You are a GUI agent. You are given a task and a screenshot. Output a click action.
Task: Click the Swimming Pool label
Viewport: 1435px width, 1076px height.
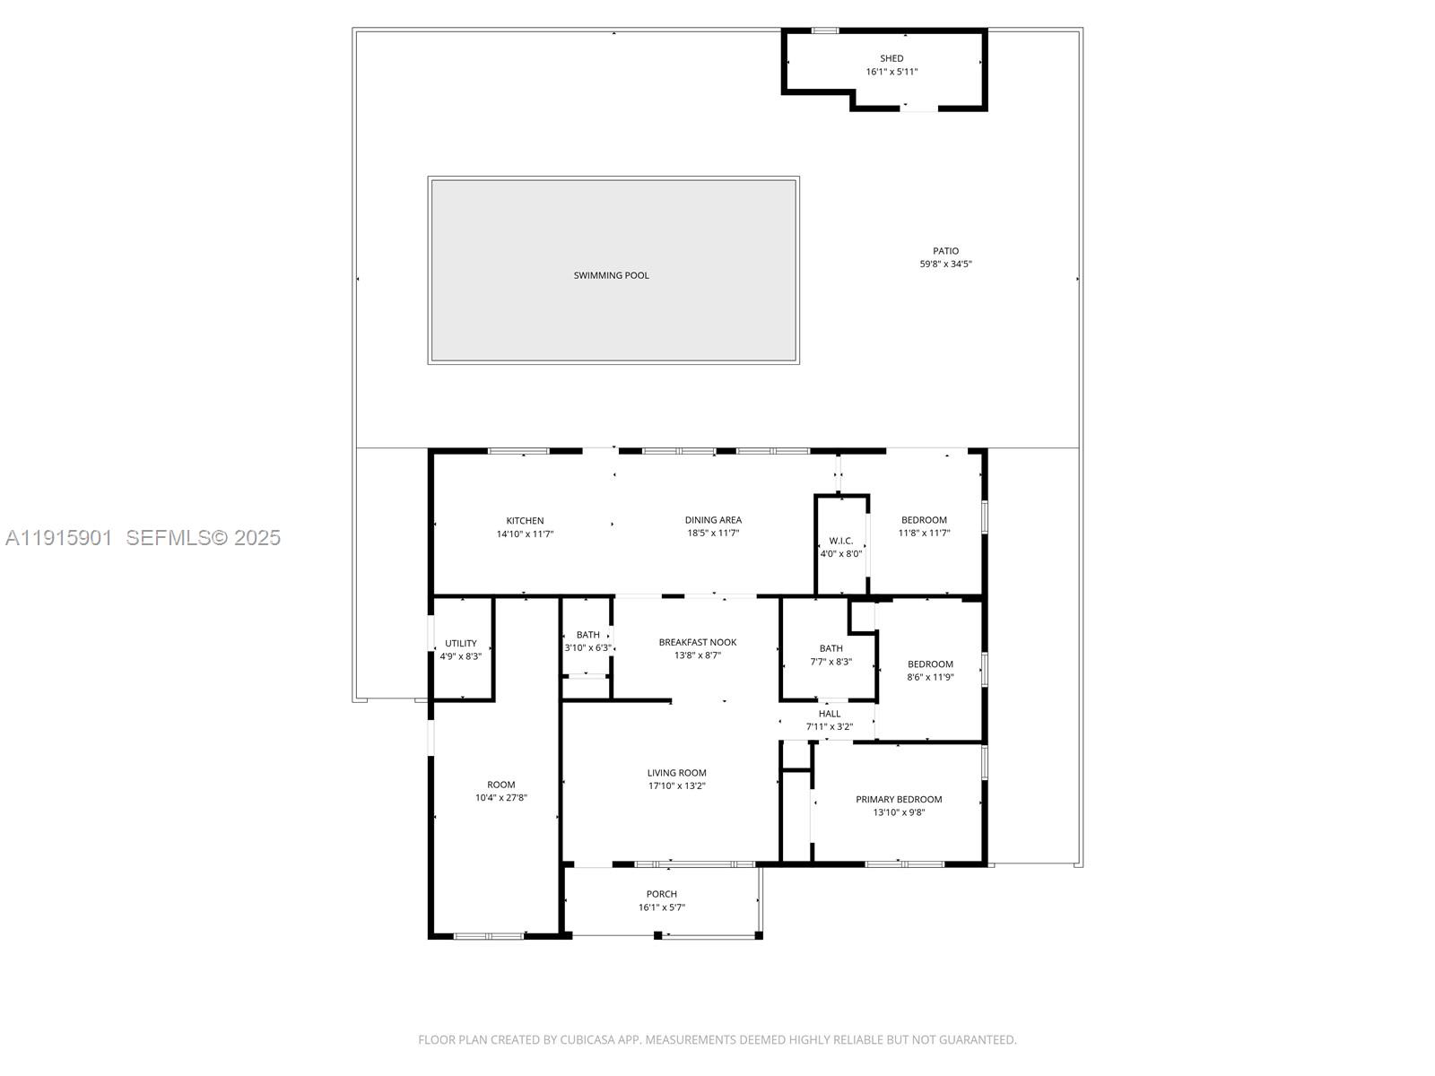pyautogui.click(x=611, y=275)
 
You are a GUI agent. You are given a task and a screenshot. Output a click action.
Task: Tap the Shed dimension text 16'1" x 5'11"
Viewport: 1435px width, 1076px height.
pyautogui.click(x=891, y=72)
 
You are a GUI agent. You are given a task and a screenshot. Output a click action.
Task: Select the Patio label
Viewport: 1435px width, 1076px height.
pyautogui.click(x=945, y=251)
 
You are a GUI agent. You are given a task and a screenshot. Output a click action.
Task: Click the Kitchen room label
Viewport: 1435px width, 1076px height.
pyautogui.click(x=525, y=520)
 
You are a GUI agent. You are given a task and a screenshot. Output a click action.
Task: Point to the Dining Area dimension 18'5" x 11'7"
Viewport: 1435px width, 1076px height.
pyautogui.click(x=713, y=534)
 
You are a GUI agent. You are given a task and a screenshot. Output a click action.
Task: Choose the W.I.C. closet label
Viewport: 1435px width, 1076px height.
pyautogui.click(x=840, y=541)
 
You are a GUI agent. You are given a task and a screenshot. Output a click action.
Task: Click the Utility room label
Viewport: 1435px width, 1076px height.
pyautogui.click(x=461, y=643)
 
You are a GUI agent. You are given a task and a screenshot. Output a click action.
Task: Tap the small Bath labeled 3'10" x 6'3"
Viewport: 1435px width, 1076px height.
pyautogui.click(x=588, y=635)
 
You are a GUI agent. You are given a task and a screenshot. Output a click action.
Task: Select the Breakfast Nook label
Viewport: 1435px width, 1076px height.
pyautogui.click(x=697, y=642)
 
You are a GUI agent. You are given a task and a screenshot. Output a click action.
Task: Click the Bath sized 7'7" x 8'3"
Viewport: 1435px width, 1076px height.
pyautogui.click(x=831, y=648)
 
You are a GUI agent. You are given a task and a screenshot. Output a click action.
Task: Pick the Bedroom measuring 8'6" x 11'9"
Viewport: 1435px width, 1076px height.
pyautogui.click(x=930, y=664)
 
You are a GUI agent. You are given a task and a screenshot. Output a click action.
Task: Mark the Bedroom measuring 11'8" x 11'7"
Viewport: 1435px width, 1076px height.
pyautogui.click(x=924, y=520)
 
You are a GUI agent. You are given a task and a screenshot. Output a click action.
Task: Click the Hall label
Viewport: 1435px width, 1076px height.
pyautogui.click(x=830, y=714)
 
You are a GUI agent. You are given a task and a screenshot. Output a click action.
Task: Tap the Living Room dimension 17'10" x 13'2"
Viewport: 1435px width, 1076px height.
pyautogui.click(x=677, y=786)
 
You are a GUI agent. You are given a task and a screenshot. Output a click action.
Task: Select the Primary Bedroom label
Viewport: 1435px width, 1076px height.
pyautogui.click(x=899, y=799)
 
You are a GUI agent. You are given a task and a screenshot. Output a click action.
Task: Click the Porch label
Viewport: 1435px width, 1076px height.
pyautogui.click(x=662, y=894)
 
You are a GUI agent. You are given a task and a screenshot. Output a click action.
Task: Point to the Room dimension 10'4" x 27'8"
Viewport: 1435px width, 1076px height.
pyautogui.click(x=500, y=798)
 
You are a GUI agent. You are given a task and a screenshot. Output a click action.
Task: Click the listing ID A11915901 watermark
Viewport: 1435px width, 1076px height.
pyautogui.click(x=58, y=537)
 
